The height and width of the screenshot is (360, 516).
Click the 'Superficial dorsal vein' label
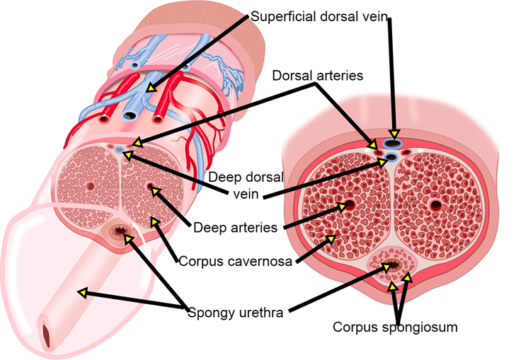(319, 16)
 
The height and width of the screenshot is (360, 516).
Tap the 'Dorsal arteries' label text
(318, 76)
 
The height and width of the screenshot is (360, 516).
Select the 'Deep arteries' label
(235, 228)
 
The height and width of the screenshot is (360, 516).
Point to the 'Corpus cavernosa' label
(235, 262)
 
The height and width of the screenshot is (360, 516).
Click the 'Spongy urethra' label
(235, 313)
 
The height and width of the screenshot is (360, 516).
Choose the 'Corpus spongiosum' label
(395, 327)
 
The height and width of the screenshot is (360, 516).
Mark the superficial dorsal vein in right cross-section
(392, 144)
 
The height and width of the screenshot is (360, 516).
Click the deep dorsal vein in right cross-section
(391, 158)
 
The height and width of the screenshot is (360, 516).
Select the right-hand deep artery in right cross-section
(436, 205)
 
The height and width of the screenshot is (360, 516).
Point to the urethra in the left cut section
(120, 231)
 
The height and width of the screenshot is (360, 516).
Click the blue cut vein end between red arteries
(130, 115)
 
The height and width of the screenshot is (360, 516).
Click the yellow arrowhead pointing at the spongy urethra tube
(82, 292)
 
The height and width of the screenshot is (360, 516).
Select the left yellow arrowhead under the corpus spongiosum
(392, 287)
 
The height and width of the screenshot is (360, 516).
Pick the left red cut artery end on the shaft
(104, 119)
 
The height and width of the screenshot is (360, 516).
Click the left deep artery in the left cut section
(90, 187)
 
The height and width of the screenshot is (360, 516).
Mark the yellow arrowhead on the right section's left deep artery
(343, 207)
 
